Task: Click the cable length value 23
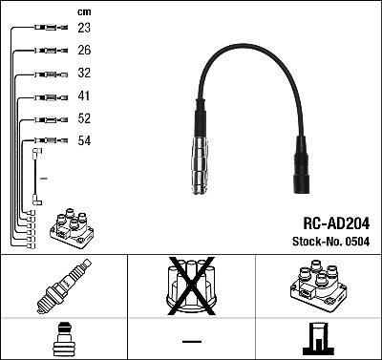coord(84,28)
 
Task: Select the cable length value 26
coord(84,50)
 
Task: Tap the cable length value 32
coord(84,73)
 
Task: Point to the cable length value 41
coord(84,95)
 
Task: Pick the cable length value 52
coord(84,118)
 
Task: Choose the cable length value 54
coord(84,140)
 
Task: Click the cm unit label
coord(84,12)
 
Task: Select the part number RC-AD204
coord(336,223)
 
